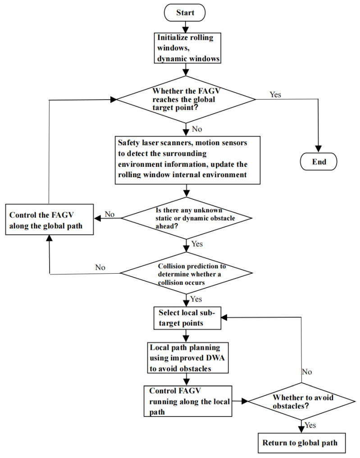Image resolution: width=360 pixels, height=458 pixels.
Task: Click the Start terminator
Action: click(x=185, y=12)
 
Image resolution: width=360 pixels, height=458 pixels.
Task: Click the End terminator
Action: click(x=319, y=161)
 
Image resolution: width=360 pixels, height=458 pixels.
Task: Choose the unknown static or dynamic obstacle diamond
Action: click(x=186, y=218)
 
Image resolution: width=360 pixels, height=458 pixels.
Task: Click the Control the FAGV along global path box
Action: click(x=49, y=220)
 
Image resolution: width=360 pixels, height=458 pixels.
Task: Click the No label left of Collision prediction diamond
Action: click(x=100, y=267)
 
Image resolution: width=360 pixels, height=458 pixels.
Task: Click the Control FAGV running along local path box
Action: click(x=188, y=400)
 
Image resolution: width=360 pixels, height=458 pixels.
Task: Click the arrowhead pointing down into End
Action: click(x=319, y=148)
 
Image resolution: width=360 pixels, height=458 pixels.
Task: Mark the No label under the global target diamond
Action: click(x=196, y=129)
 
